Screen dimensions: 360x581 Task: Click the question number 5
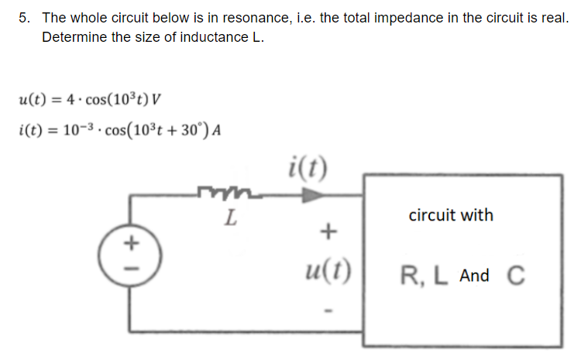click(x=24, y=17)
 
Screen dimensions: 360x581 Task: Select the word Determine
click(x=74, y=37)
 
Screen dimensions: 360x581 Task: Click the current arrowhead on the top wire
click(x=311, y=196)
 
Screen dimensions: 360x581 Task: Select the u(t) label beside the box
click(x=328, y=271)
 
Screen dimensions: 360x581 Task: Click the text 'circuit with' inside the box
click(x=450, y=215)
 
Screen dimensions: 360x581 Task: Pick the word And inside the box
click(x=474, y=276)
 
